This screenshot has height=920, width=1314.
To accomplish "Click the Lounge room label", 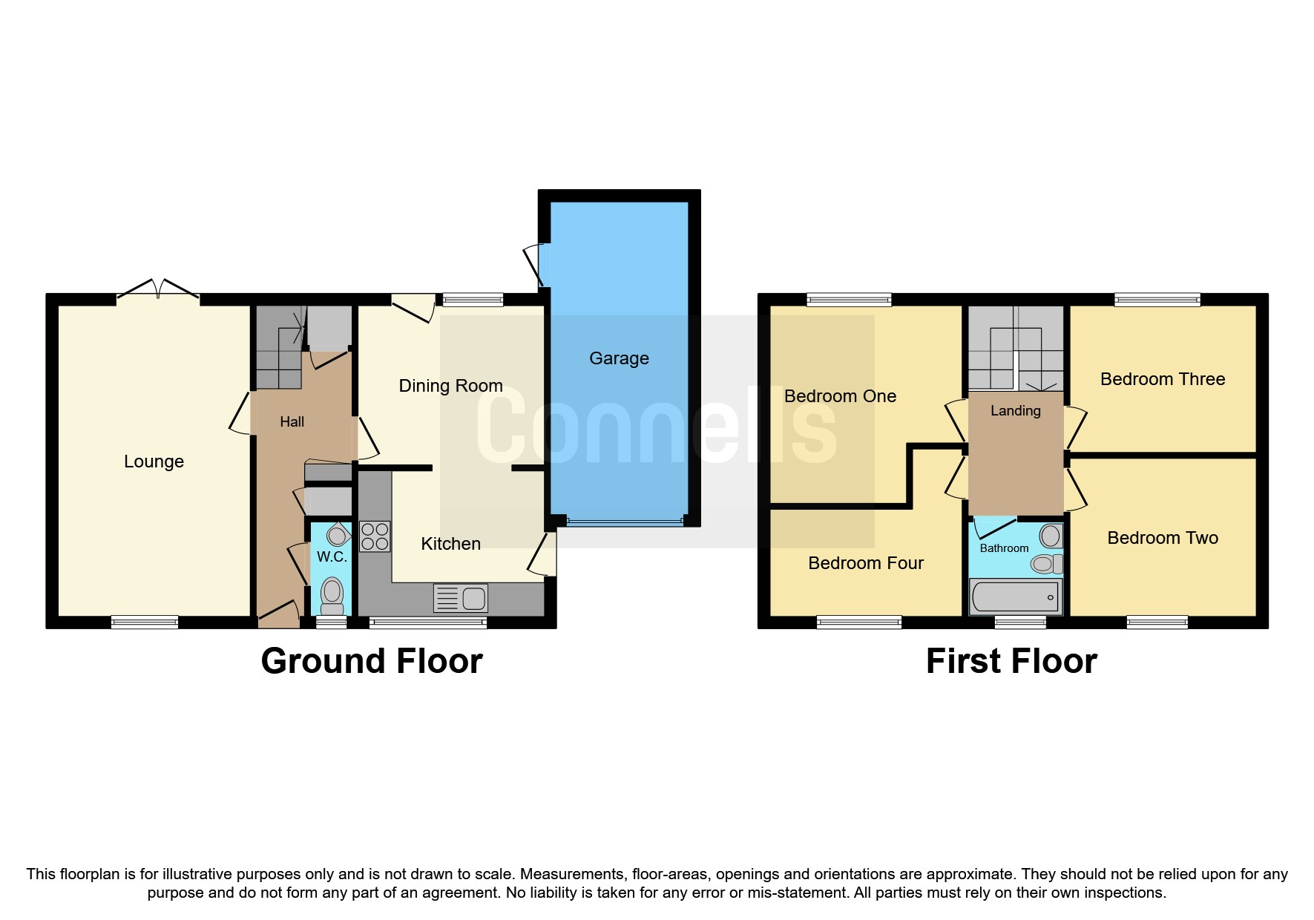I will pos(154,461).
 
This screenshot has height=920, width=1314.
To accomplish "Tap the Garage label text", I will pos(619,358).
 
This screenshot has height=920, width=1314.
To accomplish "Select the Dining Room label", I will pos(450,386).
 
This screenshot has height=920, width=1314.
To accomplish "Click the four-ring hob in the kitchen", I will pos(375,536).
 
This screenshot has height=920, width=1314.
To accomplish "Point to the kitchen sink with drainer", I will pos(461,598).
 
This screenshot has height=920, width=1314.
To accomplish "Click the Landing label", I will pos(1015,411).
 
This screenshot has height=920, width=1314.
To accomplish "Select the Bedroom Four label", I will pos(865,563).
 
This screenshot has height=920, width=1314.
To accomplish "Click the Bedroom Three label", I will pos(1162,379).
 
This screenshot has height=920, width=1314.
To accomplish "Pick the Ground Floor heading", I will pos(372,661).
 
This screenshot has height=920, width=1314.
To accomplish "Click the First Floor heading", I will pos(1011,661).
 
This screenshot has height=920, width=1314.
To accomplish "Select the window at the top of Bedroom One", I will pos(849,300).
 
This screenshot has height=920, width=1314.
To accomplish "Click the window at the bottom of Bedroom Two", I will pos(1157,622).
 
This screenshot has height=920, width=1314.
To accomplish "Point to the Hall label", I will pos(292,422).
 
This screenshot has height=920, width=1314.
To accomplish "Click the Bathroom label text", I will pos(1004,548).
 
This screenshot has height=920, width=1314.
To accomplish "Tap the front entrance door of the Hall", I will pos(278,615).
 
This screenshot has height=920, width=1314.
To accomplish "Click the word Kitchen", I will pos(450,544).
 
